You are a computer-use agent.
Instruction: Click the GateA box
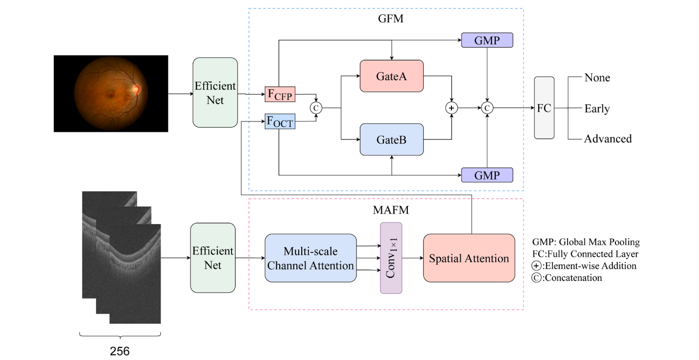[x=391, y=76]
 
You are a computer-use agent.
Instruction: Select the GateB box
[x=391, y=139]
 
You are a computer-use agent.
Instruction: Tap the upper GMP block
[x=486, y=40]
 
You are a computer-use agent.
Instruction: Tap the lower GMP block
[x=486, y=175]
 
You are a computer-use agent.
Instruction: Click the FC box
[x=544, y=108]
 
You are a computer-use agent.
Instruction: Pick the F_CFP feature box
[x=280, y=94]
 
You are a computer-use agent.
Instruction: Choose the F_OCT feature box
[x=280, y=121]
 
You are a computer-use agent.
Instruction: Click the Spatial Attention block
[x=468, y=258]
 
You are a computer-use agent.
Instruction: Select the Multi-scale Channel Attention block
[x=311, y=258]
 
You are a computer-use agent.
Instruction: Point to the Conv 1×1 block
[x=391, y=258]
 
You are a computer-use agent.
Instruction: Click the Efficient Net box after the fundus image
[x=215, y=93]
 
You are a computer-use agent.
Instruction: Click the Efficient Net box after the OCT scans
[x=213, y=257]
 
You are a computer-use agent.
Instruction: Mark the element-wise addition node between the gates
[x=452, y=108]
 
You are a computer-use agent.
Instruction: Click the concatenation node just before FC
[x=487, y=108]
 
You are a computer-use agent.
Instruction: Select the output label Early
[x=597, y=108]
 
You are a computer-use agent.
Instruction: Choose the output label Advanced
[x=607, y=138]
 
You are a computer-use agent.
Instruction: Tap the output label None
[x=597, y=78]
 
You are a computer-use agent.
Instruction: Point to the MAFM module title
[x=391, y=210]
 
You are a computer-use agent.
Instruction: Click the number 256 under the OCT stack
[x=119, y=351]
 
